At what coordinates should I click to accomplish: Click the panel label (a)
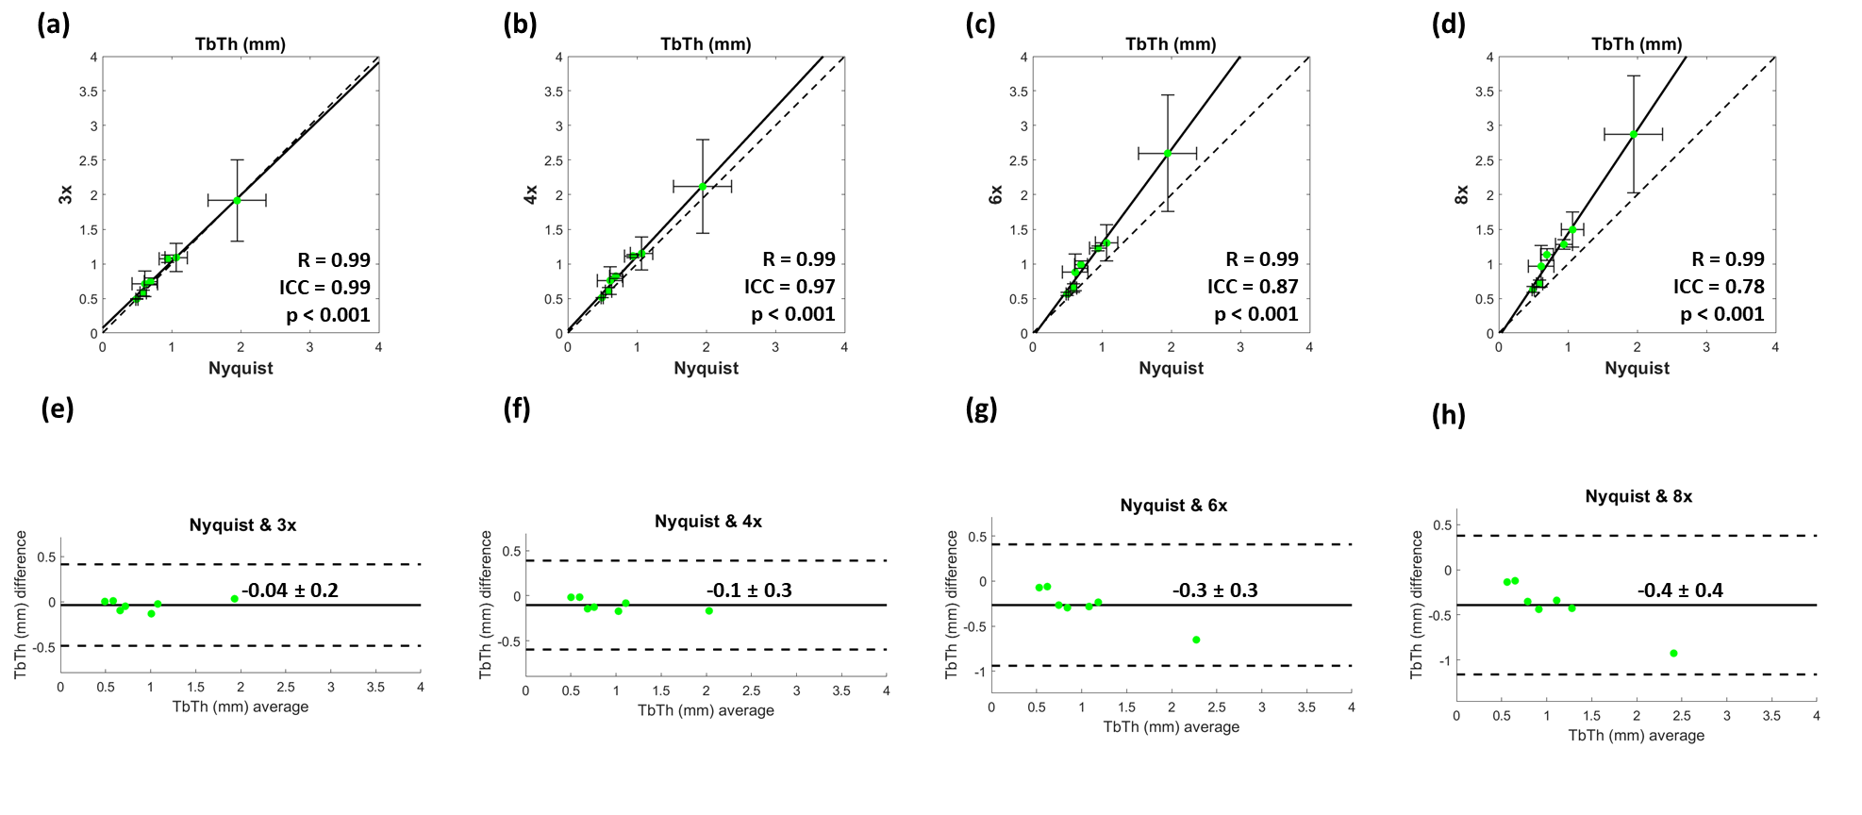pyautogui.click(x=54, y=24)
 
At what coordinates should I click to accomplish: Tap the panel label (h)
pyautogui.click(x=1448, y=414)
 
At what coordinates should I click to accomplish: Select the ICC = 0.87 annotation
pyautogui.click(x=1253, y=287)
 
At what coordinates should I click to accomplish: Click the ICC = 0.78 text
pyautogui.click(x=1719, y=287)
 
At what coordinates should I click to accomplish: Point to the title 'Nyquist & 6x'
pyautogui.click(x=1173, y=506)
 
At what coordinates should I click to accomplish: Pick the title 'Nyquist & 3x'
pyautogui.click(x=242, y=525)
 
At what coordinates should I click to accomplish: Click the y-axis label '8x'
pyautogui.click(x=1461, y=195)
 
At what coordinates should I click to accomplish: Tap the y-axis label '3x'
pyautogui.click(x=65, y=195)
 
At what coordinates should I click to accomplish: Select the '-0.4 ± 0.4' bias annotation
pyautogui.click(x=1680, y=590)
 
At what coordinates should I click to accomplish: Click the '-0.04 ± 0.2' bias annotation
pyautogui.click(x=290, y=590)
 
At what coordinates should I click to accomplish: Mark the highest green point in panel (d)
pyautogui.click(x=1634, y=134)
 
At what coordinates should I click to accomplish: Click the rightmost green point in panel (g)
pyautogui.click(x=1196, y=640)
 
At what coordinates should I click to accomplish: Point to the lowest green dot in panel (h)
pyautogui.click(x=1673, y=653)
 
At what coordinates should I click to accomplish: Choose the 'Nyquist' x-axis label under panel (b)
pyautogui.click(x=706, y=368)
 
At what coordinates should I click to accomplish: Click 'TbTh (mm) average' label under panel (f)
pyautogui.click(x=706, y=710)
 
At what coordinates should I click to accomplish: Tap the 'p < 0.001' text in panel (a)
pyautogui.click(x=328, y=315)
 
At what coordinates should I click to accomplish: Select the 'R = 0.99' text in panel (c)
pyautogui.click(x=1262, y=259)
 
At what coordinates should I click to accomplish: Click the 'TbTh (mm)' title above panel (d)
pyautogui.click(x=1637, y=44)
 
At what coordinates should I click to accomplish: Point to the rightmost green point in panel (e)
pyautogui.click(x=235, y=598)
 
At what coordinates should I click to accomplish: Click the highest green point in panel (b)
pyautogui.click(x=703, y=186)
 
